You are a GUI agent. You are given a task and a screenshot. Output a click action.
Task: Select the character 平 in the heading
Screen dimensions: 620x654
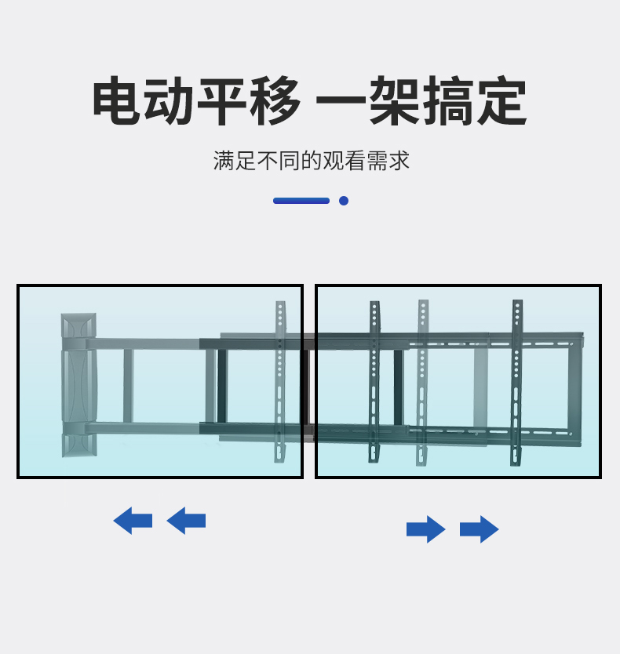[222, 102]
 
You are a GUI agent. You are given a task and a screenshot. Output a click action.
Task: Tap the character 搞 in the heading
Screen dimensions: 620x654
[448, 102]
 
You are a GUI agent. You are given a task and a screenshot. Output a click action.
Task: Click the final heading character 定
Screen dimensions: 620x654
[501, 102]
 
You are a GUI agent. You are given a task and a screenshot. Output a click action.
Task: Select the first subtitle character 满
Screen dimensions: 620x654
[224, 161]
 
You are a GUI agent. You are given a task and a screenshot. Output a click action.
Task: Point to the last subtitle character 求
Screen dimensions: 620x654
[399, 161]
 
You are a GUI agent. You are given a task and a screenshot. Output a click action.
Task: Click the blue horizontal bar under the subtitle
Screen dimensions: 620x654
[301, 201]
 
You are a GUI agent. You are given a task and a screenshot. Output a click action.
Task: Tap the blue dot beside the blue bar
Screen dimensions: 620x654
[344, 201]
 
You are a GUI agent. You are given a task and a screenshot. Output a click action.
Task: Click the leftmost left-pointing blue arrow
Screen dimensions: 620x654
[133, 521]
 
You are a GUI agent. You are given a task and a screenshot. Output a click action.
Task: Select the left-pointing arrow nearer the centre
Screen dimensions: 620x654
[186, 521]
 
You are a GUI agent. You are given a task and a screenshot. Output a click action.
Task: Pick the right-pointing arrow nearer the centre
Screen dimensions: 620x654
[426, 529]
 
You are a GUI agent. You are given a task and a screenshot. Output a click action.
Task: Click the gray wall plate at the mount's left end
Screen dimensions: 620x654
[78, 384]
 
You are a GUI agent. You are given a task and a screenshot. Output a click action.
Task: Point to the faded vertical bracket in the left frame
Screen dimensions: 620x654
[280, 381]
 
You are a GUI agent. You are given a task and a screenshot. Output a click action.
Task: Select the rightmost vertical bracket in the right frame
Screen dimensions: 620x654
[517, 381]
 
